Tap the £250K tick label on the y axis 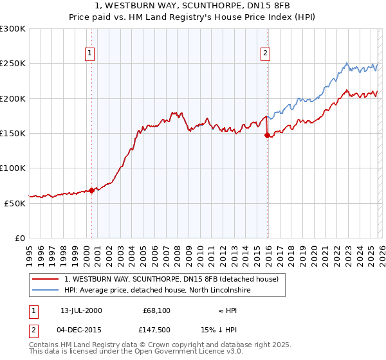13,64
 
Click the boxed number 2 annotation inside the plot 265,53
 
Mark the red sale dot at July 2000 91,190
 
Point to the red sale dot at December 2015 267,135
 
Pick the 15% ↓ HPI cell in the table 228,330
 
